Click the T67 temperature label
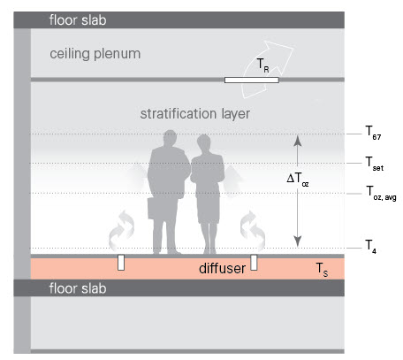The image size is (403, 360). [x=373, y=133]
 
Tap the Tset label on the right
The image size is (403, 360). [x=374, y=164]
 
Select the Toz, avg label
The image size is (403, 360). [x=381, y=193]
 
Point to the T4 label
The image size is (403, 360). [x=370, y=247]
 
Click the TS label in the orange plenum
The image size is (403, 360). [x=322, y=270]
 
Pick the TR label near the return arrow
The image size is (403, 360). [x=262, y=65]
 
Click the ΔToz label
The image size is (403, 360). [x=298, y=180]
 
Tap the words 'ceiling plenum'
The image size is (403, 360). [x=95, y=54]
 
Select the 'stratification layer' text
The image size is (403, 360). [x=195, y=114]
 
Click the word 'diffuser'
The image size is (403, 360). [x=222, y=268]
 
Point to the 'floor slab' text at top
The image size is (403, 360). [x=78, y=20]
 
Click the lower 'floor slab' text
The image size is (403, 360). [x=78, y=288]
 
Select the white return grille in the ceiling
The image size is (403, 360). [x=252, y=80]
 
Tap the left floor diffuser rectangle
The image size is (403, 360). [x=121, y=263]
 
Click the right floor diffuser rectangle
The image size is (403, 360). [x=254, y=263]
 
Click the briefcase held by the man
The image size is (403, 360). [x=155, y=209]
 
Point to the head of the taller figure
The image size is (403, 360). [x=170, y=139]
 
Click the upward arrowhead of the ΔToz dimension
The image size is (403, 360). [x=298, y=141]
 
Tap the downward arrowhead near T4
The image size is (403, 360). [x=298, y=241]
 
